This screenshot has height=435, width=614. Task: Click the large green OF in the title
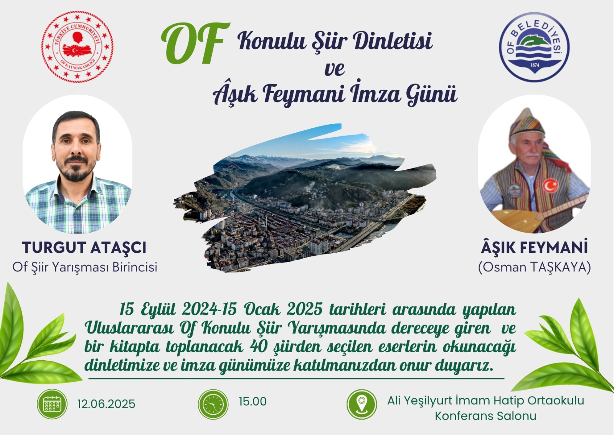(196, 43)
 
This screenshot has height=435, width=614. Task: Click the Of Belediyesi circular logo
(534, 47)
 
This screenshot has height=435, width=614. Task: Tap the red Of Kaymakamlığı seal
(77, 46)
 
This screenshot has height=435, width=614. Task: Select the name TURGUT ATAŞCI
(84, 248)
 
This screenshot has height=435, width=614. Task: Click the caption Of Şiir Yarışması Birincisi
(85, 267)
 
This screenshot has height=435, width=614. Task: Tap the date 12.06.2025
(106, 404)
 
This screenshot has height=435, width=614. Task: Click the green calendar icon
(52, 404)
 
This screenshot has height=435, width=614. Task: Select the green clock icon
(213, 404)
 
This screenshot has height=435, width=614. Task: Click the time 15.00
(253, 402)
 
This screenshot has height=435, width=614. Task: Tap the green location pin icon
(361, 404)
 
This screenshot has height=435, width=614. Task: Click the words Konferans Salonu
(485, 416)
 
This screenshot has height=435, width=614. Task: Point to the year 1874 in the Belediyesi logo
(535, 65)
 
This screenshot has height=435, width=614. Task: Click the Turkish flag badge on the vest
(551, 185)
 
